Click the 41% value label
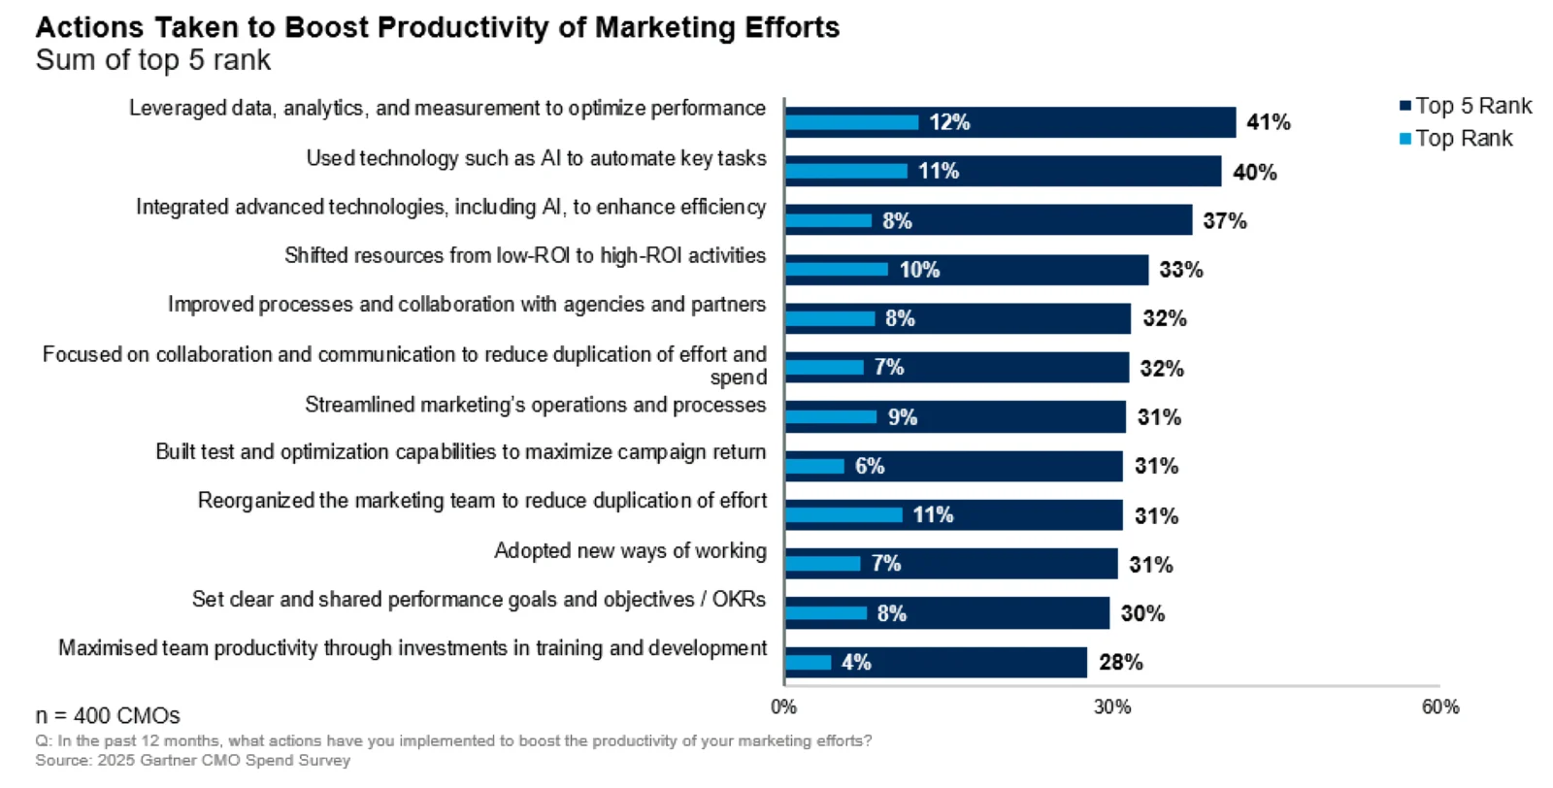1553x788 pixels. point(1268,122)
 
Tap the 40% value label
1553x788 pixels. point(1254,172)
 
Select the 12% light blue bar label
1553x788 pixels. point(948,122)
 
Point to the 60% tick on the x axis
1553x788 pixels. point(1439,706)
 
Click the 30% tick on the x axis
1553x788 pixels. point(1112,706)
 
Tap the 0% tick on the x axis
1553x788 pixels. point(783,706)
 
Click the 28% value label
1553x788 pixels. point(1120,662)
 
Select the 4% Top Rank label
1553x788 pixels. point(855,662)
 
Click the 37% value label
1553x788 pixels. point(1224,220)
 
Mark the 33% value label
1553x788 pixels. point(1180,270)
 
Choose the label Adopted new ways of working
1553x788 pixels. point(630,550)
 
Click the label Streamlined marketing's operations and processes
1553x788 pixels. point(535,405)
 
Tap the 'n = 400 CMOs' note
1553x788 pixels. point(108,715)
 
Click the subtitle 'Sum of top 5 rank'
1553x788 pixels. point(153,60)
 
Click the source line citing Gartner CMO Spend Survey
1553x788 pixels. point(193,760)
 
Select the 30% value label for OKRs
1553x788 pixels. point(1141,613)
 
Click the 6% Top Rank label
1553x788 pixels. point(869,466)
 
